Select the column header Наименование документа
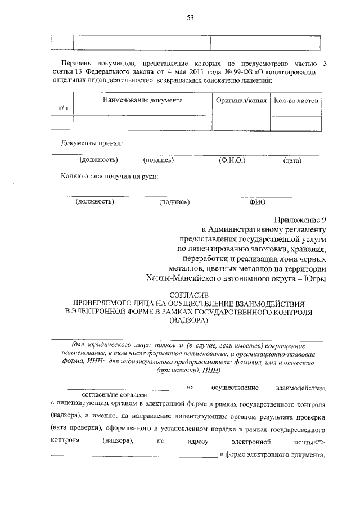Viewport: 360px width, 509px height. pyautogui.click(x=142, y=100)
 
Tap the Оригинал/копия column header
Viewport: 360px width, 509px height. pyautogui.click(x=241, y=100)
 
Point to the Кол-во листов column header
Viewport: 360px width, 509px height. pyautogui.click(x=296, y=100)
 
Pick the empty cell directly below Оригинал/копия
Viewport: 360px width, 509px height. pyautogui.click(x=241, y=122)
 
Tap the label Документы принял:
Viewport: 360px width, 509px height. pyautogui.click(x=92, y=143)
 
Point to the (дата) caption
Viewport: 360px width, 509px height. pyautogui.click(x=292, y=161)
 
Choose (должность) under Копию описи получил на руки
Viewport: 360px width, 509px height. pyautogui.click(x=95, y=201)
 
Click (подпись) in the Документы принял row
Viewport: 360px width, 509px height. pyautogui.click(x=159, y=160)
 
